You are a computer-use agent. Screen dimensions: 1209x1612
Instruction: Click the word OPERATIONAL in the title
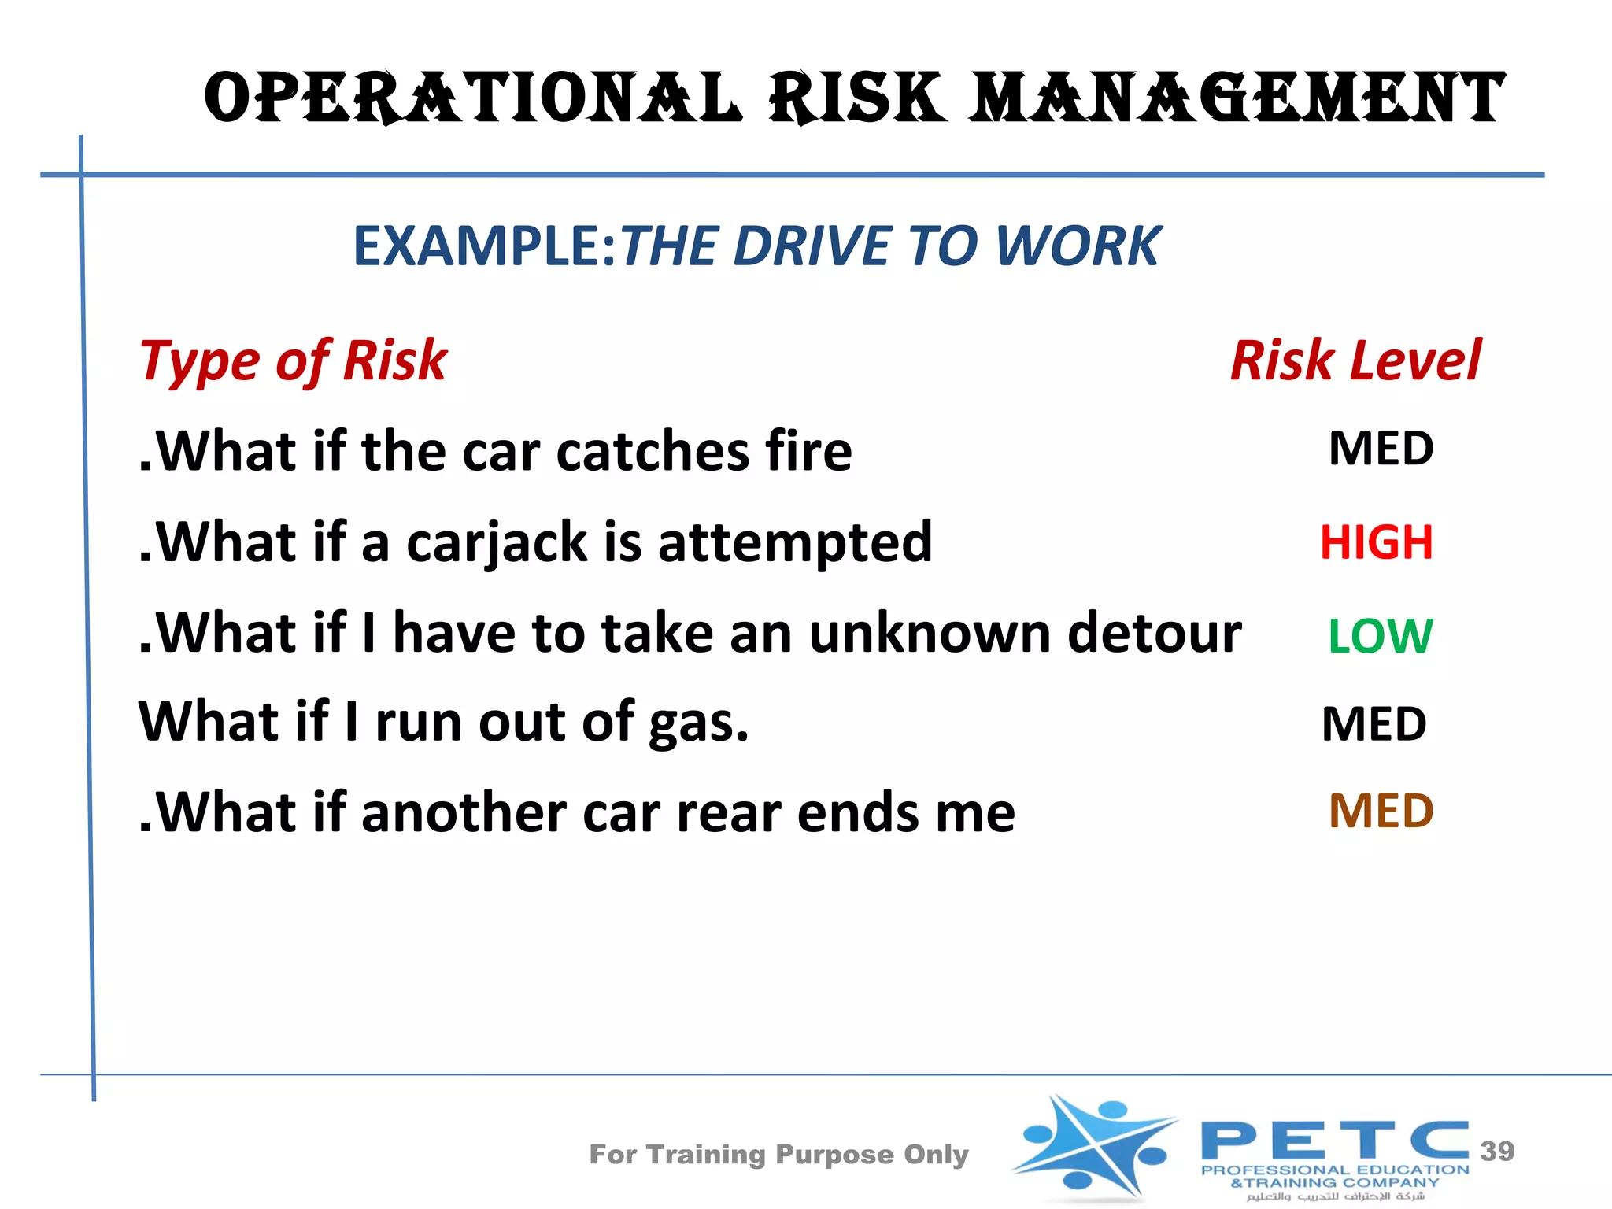(x=472, y=98)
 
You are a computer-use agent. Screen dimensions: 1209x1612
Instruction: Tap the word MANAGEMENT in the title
(x=1237, y=98)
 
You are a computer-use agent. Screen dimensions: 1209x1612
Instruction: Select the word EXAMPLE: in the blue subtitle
(x=484, y=246)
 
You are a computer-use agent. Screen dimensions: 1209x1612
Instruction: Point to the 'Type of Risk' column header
(x=294, y=360)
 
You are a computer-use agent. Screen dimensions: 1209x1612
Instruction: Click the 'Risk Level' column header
(x=1355, y=360)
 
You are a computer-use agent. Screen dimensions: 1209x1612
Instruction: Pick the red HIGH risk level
(x=1377, y=542)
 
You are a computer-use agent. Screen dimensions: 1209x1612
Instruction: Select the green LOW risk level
(x=1381, y=635)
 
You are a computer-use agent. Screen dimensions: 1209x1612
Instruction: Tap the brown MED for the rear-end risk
(x=1381, y=811)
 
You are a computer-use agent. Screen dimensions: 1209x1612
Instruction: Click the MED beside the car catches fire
(x=1381, y=449)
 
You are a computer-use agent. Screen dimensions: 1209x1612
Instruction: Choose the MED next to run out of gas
(x=1374, y=724)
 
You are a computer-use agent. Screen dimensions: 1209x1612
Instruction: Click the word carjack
(x=497, y=543)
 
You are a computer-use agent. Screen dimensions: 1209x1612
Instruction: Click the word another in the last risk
(x=464, y=812)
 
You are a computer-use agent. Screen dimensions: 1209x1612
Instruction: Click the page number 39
(x=1497, y=1151)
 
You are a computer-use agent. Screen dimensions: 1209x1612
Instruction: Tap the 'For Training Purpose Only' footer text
(x=778, y=1155)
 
